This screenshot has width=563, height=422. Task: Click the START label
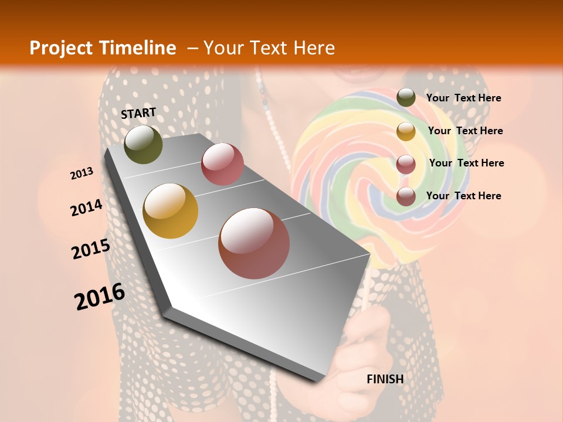138,113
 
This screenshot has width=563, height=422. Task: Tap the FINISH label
385,379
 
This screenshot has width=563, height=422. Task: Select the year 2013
82,173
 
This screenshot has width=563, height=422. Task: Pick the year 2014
87,207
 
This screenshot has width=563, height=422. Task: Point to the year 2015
91,249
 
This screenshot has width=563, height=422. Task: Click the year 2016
100,297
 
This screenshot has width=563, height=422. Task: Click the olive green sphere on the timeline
143,144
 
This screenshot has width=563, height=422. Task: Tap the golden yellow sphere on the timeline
171,211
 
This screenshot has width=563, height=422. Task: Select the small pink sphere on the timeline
222,164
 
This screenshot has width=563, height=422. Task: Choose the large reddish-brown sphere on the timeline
254,243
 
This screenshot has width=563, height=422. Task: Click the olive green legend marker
406,98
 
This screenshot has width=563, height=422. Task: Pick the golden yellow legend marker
406,131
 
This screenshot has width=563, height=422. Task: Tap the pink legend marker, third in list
406,164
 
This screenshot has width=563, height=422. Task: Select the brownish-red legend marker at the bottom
406,196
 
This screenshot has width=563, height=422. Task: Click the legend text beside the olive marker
463,98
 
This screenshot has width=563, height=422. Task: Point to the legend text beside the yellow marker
465,131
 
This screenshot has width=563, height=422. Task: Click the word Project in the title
62,48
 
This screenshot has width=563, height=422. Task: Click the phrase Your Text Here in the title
269,48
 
